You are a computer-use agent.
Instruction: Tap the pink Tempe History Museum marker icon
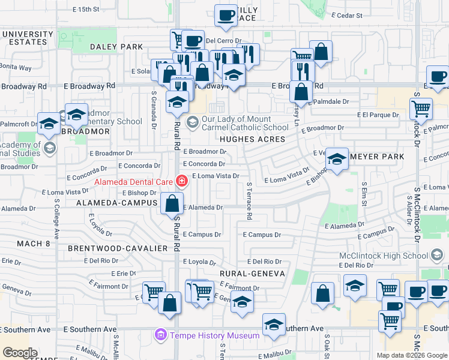click(160, 335)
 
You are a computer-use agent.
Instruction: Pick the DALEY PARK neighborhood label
click(116, 47)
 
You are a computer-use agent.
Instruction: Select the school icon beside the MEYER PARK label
click(337, 160)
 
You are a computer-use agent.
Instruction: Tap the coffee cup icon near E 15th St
click(226, 16)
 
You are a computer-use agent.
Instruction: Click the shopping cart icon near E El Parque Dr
click(421, 109)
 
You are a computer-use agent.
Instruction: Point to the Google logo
click(20, 353)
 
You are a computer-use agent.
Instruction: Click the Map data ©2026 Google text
click(411, 355)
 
